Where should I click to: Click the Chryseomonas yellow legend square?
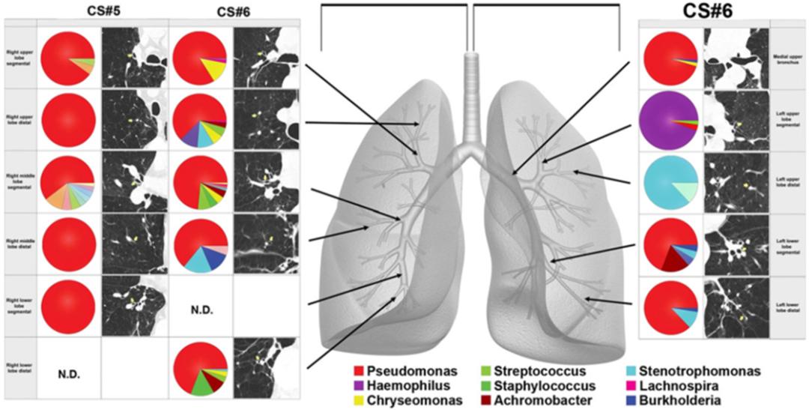(359, 400)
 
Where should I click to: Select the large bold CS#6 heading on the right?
(708, 11)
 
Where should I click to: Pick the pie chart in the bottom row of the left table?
(202, 369)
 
